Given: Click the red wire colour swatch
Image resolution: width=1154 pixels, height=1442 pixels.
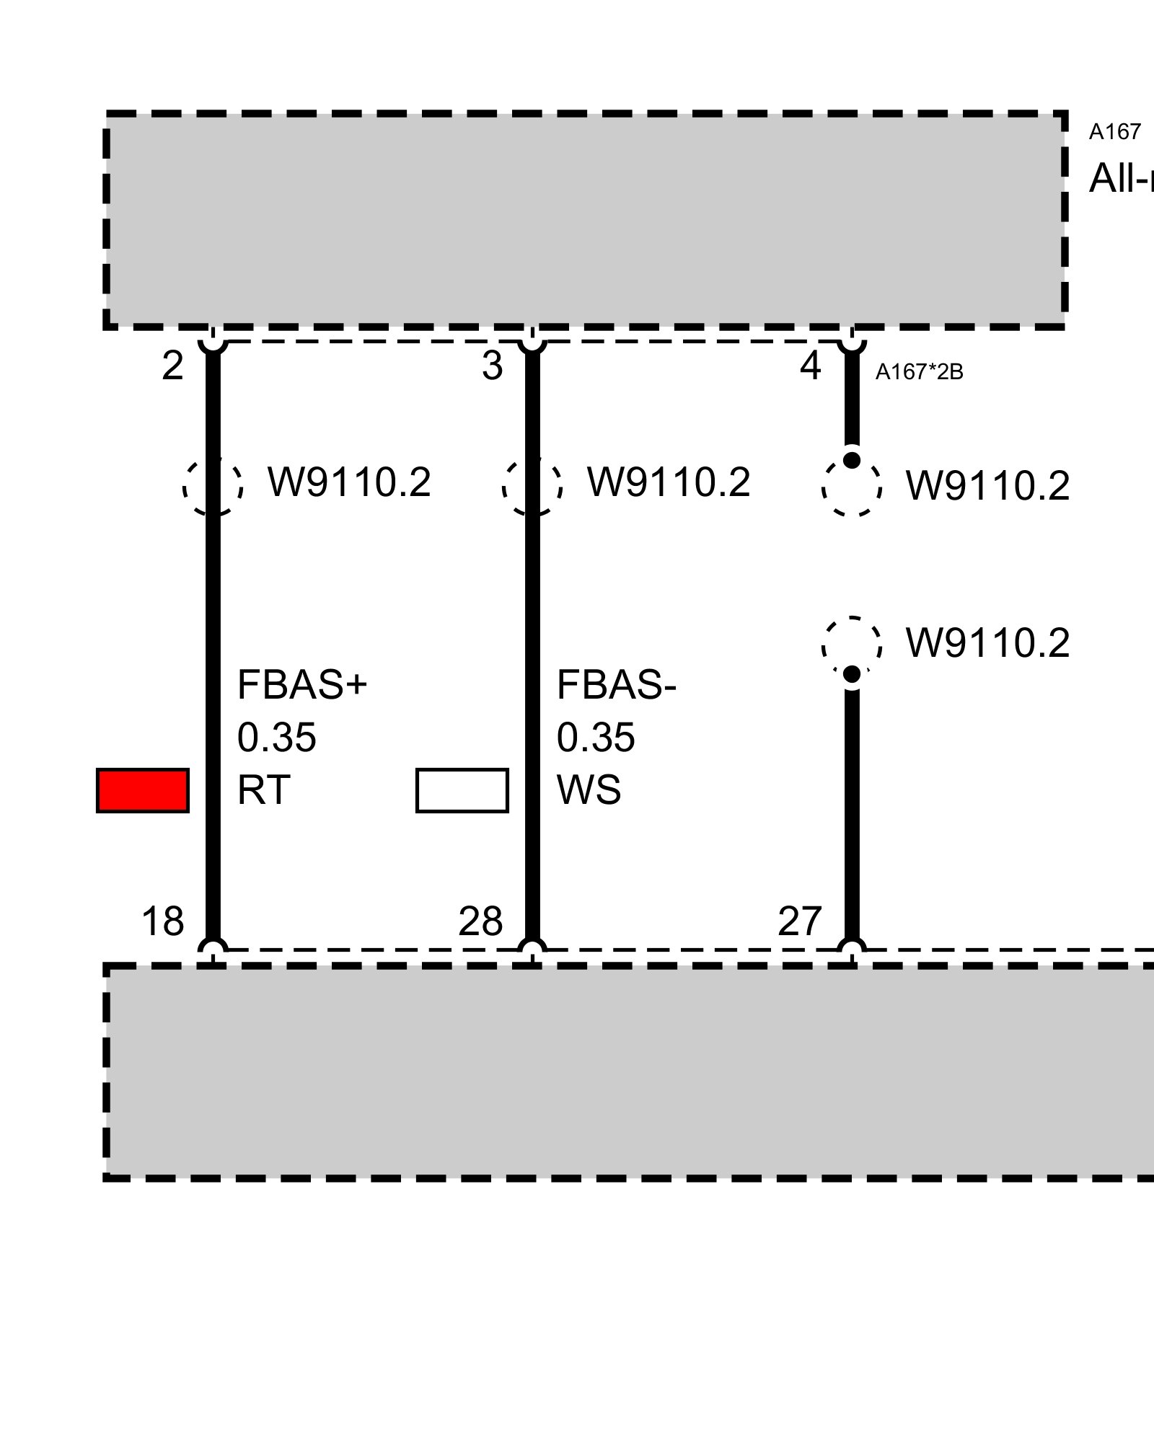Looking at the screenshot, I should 143,790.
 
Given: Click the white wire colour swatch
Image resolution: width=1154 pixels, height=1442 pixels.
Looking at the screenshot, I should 462,790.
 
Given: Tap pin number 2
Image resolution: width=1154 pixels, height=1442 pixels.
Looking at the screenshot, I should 172,366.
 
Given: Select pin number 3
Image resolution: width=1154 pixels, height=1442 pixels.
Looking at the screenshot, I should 492,366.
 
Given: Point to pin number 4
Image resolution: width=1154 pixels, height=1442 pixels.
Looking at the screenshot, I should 811,366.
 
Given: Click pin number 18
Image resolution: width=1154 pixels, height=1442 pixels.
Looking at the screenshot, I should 163,921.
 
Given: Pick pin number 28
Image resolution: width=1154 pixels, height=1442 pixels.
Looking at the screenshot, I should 480,921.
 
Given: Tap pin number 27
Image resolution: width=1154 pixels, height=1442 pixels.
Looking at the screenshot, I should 800,921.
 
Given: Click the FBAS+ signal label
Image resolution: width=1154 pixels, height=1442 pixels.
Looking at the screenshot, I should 302,685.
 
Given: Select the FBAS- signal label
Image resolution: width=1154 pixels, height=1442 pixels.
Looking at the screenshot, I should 617,685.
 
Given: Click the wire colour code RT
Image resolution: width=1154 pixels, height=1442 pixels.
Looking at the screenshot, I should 263,790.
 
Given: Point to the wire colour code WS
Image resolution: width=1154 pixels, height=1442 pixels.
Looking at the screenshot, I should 589,790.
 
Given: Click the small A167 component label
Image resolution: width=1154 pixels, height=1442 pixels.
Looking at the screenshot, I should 1115,132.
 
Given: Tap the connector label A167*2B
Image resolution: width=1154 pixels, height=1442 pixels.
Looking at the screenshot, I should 919,372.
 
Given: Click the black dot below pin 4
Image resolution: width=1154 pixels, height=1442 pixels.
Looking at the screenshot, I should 852,460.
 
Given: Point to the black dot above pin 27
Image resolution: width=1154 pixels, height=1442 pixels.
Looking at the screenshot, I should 852,674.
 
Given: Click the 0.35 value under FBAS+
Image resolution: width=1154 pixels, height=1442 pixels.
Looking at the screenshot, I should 277,738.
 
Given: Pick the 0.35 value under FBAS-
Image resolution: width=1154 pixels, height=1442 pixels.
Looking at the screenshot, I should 596,738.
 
